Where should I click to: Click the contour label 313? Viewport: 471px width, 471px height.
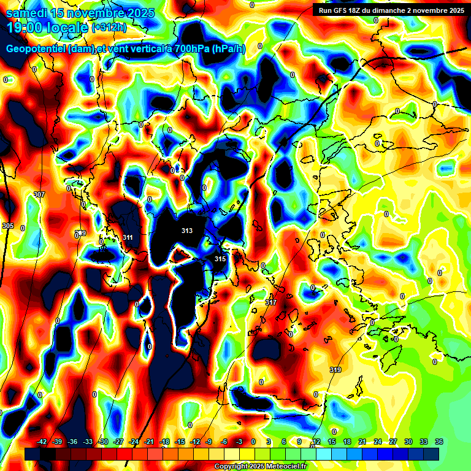187,231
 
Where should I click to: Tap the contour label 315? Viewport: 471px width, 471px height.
220,259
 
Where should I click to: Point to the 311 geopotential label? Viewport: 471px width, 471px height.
128,237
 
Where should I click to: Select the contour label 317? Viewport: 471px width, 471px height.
271,303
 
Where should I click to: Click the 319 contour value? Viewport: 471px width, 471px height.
335,370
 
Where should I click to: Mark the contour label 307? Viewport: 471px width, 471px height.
39,194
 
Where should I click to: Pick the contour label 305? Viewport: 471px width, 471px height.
8,226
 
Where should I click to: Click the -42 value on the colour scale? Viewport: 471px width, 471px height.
42,442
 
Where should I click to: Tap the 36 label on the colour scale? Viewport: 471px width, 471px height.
438,442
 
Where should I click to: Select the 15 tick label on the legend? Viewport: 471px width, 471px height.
331,442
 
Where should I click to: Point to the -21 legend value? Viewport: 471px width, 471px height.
149,442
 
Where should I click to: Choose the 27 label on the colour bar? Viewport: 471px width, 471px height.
392,442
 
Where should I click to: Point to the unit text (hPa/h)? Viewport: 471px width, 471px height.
228,49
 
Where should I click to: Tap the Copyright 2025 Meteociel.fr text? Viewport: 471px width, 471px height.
260,467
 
